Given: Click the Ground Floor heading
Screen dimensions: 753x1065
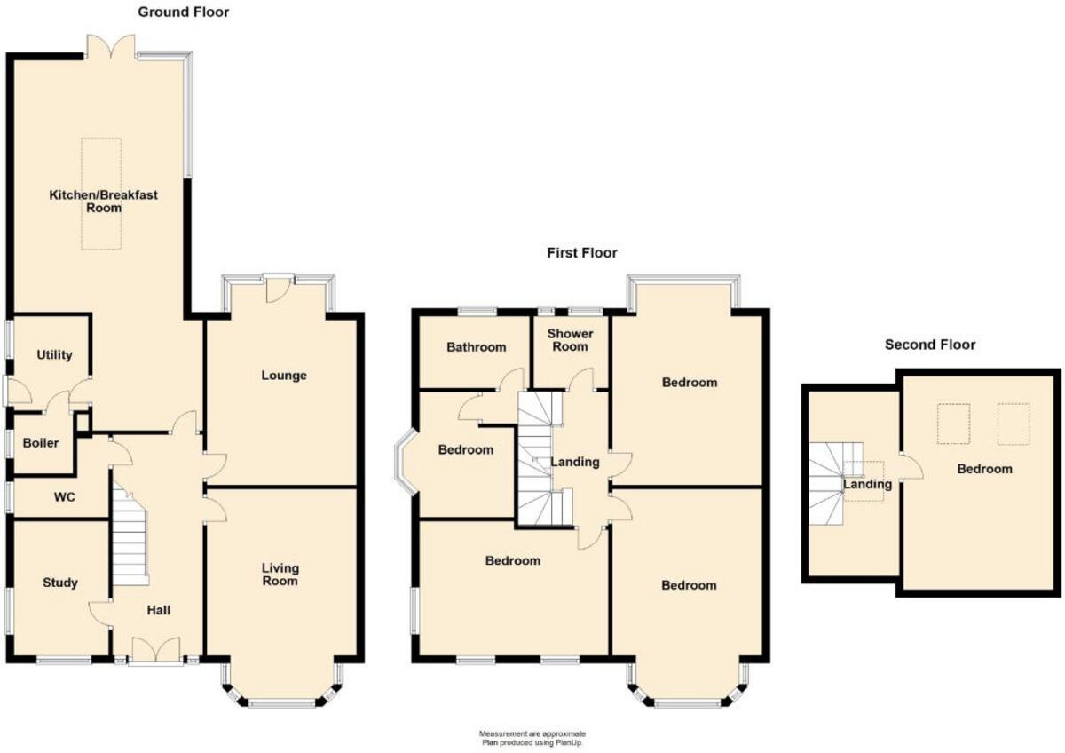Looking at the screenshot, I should click(184, 12).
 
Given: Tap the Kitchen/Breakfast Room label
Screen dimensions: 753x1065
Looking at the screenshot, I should click(104, 202).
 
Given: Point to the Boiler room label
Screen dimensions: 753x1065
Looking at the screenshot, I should click(41, 442).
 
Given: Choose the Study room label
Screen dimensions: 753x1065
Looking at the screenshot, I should click(60, 583).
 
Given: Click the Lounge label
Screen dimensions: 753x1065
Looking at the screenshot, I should click(284, 376).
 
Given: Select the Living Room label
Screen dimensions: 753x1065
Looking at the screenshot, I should click(280, 575).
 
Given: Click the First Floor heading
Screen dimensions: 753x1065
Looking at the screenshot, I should click(581, 253).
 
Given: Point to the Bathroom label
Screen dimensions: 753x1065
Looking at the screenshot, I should click(477, 347).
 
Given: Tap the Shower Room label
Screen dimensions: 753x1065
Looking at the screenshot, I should click(569, 340).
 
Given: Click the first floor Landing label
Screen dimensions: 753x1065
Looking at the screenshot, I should click(575, 462).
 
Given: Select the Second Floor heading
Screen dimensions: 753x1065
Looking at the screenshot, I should click(930, 345).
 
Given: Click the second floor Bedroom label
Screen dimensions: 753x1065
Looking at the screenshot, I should click(983, 469).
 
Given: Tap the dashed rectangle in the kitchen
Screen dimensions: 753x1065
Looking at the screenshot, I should click(102, 194).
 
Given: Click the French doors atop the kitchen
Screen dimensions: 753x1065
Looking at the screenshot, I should click(111, 46).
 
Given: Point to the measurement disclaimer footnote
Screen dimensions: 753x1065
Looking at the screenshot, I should click(532, 738).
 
